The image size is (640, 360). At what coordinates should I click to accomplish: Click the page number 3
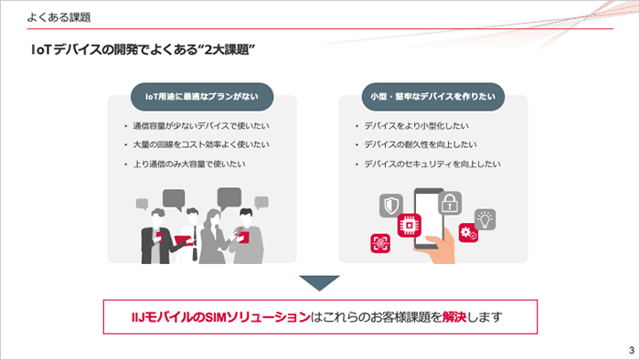632,350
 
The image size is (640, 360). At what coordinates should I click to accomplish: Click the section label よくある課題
59,17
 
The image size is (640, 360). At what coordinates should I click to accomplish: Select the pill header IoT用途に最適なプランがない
202,97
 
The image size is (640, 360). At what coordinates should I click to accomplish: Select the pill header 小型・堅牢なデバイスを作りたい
433,97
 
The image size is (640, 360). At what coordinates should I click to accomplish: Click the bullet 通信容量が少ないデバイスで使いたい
201,126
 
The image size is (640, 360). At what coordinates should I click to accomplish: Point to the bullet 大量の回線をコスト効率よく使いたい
201,144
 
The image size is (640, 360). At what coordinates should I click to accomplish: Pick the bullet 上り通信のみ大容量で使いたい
189,164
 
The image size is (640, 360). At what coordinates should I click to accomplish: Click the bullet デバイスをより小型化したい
416,126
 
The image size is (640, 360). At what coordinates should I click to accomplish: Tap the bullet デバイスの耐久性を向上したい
421,144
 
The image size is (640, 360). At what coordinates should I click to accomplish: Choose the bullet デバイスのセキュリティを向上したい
432,164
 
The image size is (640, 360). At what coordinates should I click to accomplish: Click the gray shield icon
391,205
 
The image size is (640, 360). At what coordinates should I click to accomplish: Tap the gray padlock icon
450,203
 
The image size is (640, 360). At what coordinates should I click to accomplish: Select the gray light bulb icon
485,219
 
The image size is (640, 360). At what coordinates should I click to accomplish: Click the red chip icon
409,225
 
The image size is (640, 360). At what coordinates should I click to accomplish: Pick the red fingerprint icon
380,243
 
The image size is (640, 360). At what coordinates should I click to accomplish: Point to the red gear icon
468,233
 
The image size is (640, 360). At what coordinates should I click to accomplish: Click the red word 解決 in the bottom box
453,317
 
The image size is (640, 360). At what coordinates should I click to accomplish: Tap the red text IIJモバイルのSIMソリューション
221,317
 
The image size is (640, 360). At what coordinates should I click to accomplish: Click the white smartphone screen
429,218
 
